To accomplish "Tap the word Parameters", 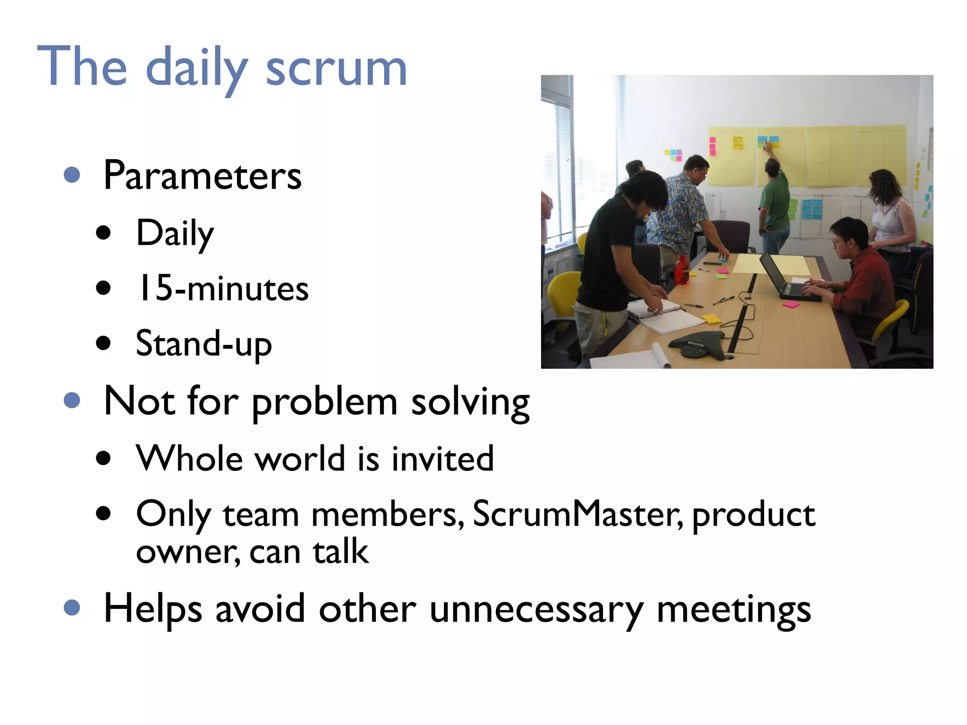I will coord(202,176).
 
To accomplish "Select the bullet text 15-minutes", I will coord(222,288).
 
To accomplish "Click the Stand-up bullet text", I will coord(204,344).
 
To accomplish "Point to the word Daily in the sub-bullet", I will coord(175,233).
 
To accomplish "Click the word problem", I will coord(324,402).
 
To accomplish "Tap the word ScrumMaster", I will coord(577,514).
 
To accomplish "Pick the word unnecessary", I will coord(536,609).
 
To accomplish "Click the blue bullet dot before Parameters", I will coord(72,175).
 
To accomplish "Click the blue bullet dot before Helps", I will coord(72,607).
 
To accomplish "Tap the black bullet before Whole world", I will coord(103,458).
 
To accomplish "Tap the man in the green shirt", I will coord(774,203).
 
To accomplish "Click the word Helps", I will coord(153,609).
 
